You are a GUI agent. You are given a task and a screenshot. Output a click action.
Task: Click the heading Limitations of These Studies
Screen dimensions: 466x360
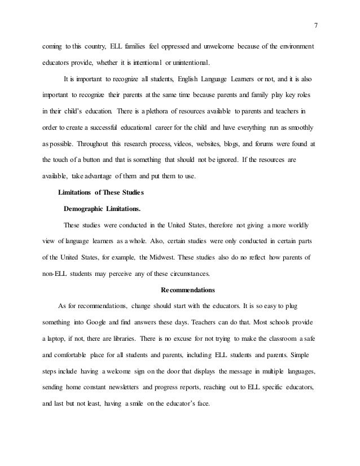pos(101,193)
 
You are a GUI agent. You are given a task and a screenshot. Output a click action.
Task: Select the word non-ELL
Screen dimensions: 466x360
pos(56,275)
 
